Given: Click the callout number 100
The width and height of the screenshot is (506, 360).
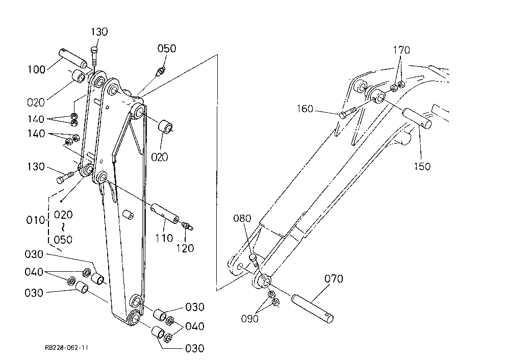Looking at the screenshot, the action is click(36, 69).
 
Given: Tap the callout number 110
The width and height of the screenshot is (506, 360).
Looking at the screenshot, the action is click(164, 238).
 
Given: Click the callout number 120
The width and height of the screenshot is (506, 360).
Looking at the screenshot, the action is click(185, 248).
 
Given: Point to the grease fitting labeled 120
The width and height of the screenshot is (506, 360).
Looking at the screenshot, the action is click(188, 225).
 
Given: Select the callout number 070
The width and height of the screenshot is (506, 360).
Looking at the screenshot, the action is click(334, 278).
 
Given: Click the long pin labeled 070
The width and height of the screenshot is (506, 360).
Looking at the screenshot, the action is click(312, 308).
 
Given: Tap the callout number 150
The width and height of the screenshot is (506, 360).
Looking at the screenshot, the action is click(422, 166).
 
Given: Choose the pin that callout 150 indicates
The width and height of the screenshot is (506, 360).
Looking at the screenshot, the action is click(417, 118).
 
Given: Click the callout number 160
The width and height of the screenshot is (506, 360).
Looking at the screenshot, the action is click(305, 109).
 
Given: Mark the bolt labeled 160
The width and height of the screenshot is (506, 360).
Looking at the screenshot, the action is click(347, 113).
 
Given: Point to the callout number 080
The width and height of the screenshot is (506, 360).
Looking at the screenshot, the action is click(242, 218).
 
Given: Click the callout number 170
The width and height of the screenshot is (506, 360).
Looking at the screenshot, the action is click(401, 50).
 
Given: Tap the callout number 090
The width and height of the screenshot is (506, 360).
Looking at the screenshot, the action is click(249, 319).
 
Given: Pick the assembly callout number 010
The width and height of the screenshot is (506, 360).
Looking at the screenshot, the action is click(35, 220).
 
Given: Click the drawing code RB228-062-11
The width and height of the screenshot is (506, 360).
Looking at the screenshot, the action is click(66, 347).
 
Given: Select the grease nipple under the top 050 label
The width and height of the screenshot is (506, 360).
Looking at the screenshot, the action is click(161, 71).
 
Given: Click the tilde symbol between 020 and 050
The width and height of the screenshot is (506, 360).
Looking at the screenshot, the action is click(63, 227).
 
